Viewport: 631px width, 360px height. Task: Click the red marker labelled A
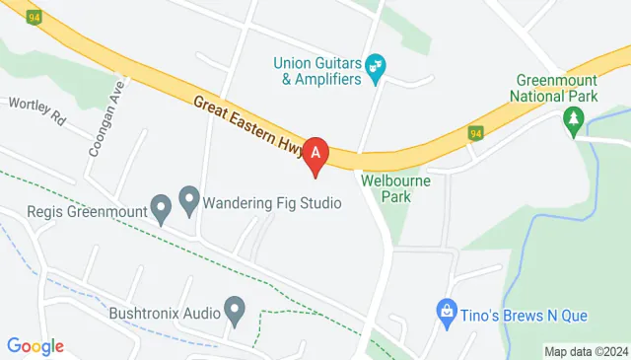tap(315, 154)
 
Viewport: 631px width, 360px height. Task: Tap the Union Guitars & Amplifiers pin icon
tap(376, 67)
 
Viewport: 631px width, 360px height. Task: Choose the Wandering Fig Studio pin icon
tap(189, 203)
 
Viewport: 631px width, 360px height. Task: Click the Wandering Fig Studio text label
tap(272, 204)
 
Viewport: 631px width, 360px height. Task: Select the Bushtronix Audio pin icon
tap(235, 313)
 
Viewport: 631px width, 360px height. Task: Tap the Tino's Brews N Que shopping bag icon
tap(446, 312)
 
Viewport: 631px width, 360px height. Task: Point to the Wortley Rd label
tap(37, 110)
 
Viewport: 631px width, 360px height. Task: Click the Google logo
tap(35, 346)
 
